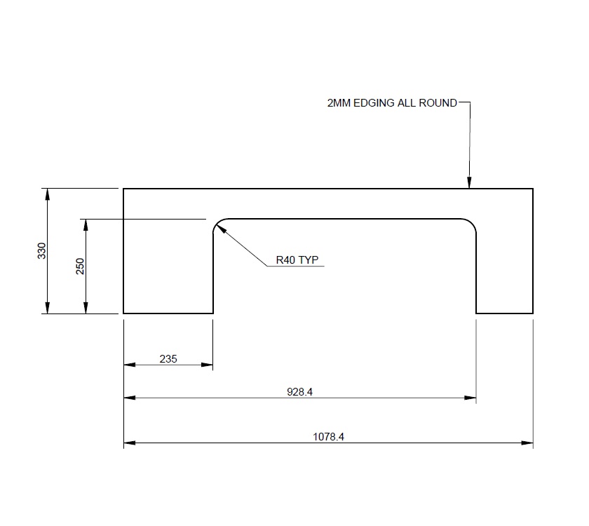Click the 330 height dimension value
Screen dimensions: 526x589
(x=41, y=251)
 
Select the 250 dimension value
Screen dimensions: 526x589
(x=80, y=267)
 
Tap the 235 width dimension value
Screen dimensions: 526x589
(x=168, y=358)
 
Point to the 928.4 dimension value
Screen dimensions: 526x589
(x=299, y=392)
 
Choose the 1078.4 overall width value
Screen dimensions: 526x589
(x=328, y=436)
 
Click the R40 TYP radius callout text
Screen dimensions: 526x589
(x=297, y=259)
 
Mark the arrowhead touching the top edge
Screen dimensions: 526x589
(x=469, y=184)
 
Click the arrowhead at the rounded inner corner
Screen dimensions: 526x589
(x=217, y=227)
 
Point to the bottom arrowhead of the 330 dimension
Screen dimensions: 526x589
(x=47, y=308)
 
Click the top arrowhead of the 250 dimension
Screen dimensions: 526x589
(x=86, y=224)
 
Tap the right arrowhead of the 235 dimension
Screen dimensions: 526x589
(x=208, y=365)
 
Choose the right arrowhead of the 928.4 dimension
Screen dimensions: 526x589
(x=471, y=398)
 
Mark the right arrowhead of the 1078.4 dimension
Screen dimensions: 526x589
(x=528, y=443)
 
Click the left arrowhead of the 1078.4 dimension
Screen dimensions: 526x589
(x=129, y=443)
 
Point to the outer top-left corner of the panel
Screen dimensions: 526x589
(x=124, y=189)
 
